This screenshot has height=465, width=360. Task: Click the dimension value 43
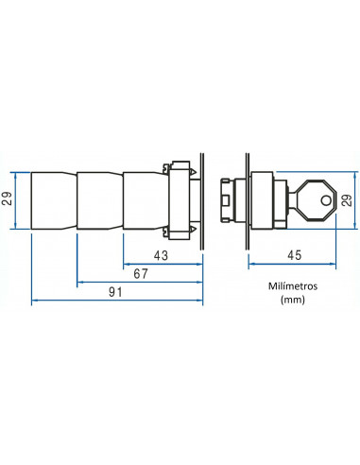(x=163, y=255)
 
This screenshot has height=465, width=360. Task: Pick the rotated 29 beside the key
(x=346, y=199)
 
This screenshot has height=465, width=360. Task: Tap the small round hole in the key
(x=327, y=199)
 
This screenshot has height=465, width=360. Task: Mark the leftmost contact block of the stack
(x=54, y=200)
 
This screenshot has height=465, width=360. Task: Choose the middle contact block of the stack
(x=99, y=200)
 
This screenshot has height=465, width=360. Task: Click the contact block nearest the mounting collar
(x=144, y=200)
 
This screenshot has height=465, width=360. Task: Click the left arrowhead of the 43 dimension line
(x=127, y=264)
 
